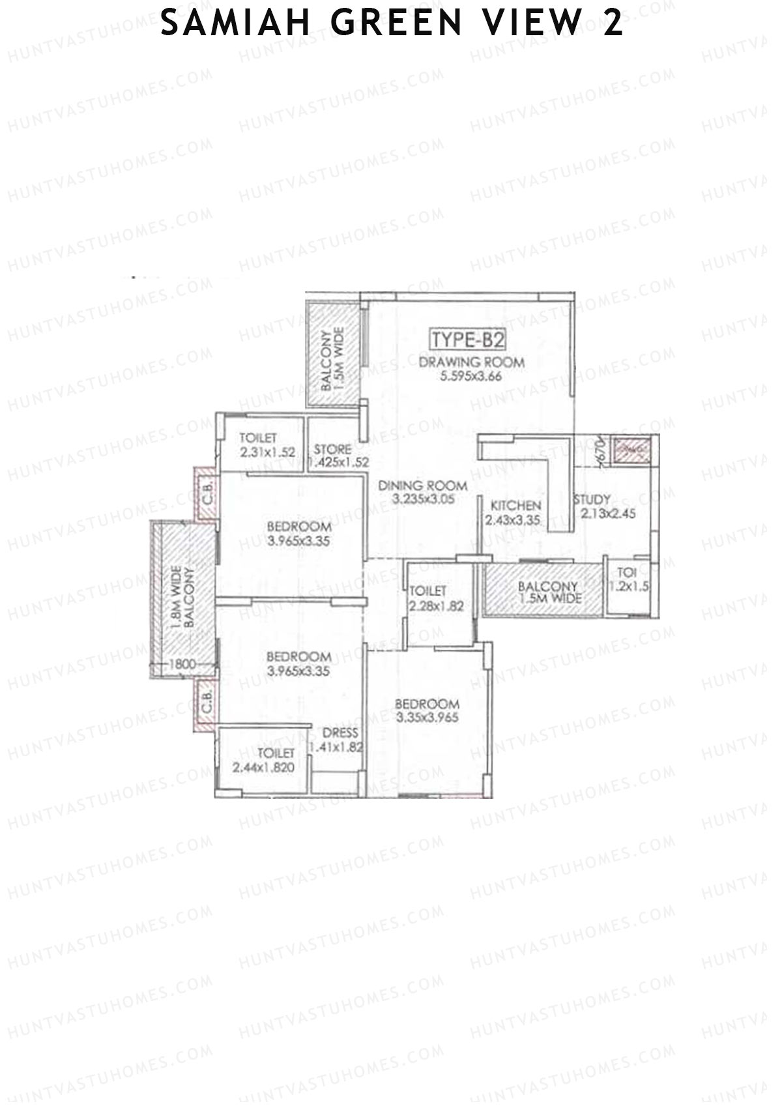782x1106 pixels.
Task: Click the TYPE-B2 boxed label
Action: pyautogui.click(x=467, y=340)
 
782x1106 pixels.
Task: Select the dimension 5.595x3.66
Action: pyautogui.click(x=471, y=376)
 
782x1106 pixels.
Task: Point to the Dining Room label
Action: pyautogui.click(x=423, y=486)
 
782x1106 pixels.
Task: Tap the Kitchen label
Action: pyautogui.click(x=515, y=506)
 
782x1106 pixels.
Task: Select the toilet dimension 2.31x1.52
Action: pyautogui.click(x=267, y=452)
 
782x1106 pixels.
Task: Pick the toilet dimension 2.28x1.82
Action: pyautogui.click(x=436, y=605)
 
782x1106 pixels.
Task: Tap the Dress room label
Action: pyautogui.click(x=340, y=733)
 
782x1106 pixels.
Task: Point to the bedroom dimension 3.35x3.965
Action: pyautogui.click(x=427, y=718)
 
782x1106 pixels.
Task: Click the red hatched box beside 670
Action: pyautogui.click(x=631, y=450)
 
